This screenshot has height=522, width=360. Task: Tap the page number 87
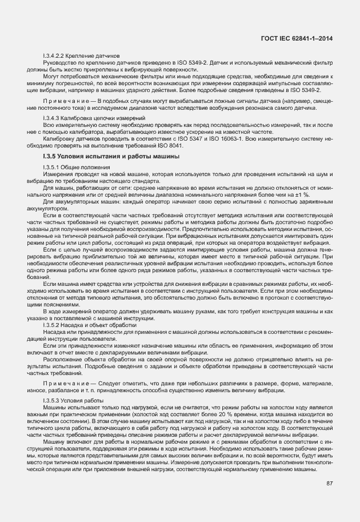(330, 483)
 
